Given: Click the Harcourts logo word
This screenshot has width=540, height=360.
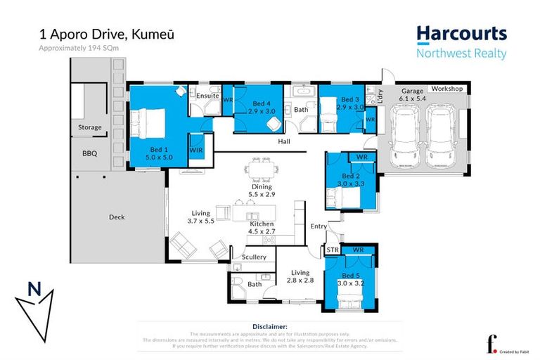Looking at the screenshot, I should pos(461,33).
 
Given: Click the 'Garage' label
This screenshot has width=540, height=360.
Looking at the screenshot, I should pos(411,91).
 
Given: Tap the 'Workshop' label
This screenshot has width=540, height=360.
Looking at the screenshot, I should pos(446,89).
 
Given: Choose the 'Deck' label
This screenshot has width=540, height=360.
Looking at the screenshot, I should pos(117,217).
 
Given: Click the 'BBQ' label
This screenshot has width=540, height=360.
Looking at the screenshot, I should pos(89,153).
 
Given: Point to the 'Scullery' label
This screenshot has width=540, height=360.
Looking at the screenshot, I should pos(254,257).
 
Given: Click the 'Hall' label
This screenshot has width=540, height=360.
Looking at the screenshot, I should pos(283,141).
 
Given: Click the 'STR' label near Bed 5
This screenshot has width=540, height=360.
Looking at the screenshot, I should pos(333,250).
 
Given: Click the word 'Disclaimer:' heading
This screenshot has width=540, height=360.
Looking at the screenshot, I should pos(270,327).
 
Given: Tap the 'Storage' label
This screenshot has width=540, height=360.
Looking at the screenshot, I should pos(89,127).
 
